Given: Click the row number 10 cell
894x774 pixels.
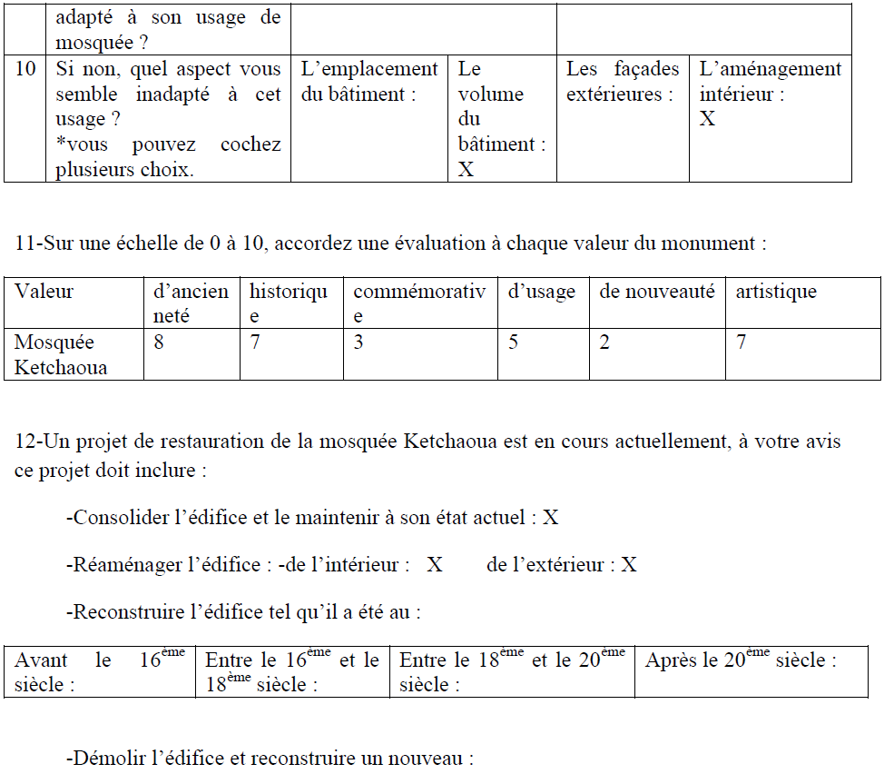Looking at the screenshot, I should tap(25, 70).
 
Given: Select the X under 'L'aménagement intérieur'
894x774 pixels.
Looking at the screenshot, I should tap(707, 119).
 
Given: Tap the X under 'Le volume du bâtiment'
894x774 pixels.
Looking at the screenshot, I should tap(466, 170).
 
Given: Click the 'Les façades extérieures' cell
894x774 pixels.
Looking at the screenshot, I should tap(622, 82).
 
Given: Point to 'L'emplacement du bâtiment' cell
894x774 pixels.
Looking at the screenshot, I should tap(368, 82).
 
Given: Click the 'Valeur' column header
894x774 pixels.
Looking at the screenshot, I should tap(44, 292).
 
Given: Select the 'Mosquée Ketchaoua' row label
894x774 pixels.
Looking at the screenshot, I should tap(61, 354).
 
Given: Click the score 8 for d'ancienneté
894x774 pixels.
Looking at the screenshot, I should tap(160, 343).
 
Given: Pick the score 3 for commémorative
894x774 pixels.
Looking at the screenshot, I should tap(359, 343).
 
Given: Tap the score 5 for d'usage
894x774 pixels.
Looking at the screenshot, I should tap(513, 343).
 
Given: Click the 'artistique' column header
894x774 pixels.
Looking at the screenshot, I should tap(775, 292).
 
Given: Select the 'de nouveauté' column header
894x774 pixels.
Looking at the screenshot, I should tap(656, 292).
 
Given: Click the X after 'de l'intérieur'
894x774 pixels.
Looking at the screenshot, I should tap(435, 565).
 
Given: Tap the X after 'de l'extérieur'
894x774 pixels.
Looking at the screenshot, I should tap(629, 565).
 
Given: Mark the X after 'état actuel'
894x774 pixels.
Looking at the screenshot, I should tap(550, 518).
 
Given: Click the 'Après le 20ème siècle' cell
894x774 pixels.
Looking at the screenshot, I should tap(741, 661).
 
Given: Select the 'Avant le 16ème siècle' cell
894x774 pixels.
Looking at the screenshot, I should tap(100, 672).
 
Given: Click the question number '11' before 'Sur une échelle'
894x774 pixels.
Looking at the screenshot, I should tap(25, 243).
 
